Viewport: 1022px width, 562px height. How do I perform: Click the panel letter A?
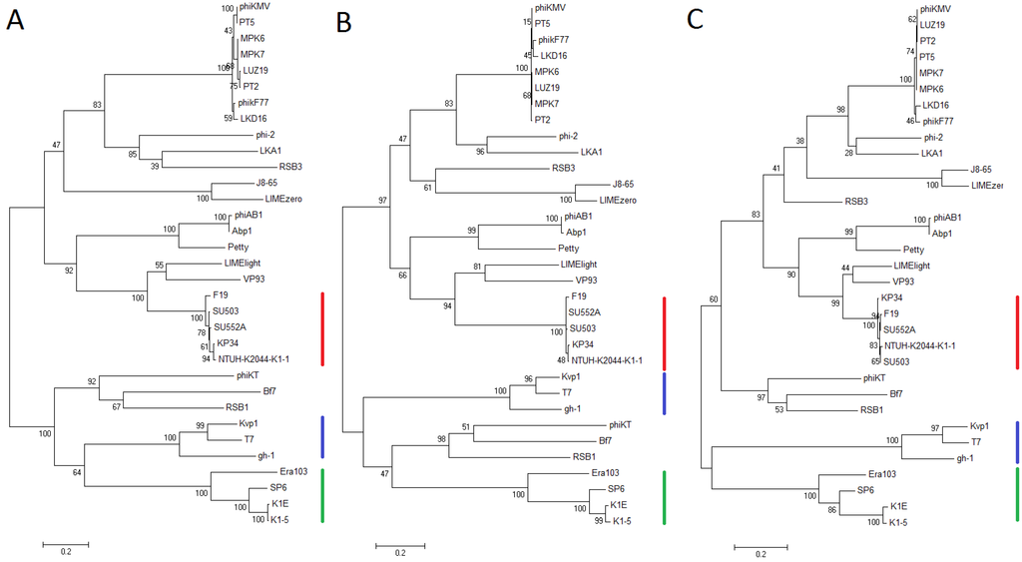[16, 21]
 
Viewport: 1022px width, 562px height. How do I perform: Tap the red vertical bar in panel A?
[322, 329]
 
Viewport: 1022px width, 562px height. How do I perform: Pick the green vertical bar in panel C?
[1016, 493]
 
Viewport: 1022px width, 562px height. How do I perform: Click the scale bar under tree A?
[66, 544]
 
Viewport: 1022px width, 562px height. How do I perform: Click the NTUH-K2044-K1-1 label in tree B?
[606, 359]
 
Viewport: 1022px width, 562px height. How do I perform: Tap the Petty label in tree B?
[568, 247]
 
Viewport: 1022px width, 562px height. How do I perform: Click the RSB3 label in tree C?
[856, 201]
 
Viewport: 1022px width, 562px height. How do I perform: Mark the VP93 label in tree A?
[254, 279]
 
